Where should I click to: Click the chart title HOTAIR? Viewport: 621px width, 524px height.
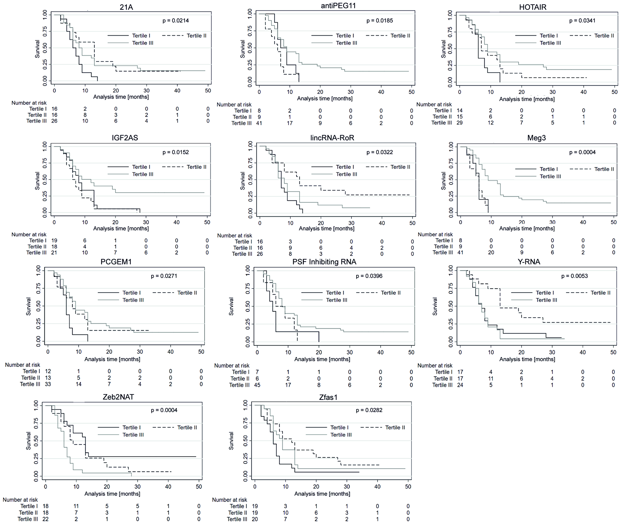tap(533, 7)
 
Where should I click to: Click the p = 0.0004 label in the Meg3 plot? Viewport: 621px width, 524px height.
tap(582, 152)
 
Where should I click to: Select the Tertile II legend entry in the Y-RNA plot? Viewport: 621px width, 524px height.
tap(600, 293)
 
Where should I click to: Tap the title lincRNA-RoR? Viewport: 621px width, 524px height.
tap(332, 138)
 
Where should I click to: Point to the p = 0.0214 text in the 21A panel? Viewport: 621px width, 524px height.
tap(175, 21)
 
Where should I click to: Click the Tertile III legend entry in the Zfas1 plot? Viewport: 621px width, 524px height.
tap(341, 435)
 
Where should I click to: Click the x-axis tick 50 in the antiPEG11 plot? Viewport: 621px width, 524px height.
tap(411, 92)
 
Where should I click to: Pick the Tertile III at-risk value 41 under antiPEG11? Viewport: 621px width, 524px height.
tap(259, 123)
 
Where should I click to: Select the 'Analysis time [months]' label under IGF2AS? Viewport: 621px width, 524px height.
tap(121, 229)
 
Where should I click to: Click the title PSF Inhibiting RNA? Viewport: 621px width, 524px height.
tap(324, 262)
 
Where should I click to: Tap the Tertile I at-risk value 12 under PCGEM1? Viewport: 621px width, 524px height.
tap(48, 371)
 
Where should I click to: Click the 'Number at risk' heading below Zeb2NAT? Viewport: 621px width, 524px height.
tap(20, 500)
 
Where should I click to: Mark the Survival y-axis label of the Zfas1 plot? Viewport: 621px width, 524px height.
tap(231, 441)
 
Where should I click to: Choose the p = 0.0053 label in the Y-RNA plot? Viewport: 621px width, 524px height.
tap(574, 276)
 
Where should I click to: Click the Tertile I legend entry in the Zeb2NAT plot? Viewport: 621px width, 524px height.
tap(131, 428)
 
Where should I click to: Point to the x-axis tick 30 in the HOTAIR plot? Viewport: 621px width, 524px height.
tap(552, 92)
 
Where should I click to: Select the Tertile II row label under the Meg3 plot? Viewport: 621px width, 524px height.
tap(443, 247)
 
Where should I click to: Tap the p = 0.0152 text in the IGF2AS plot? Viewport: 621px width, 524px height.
tap(175, 152)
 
